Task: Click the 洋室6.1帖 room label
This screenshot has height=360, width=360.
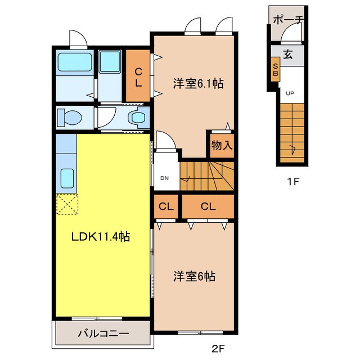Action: click(198, 84)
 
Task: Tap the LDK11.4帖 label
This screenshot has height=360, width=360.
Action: click(101, 237)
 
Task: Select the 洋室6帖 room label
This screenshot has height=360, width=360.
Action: click(194, 276)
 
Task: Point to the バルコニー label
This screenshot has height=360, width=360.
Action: click(103, 333)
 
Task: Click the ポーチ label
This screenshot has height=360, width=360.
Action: click(289, 20)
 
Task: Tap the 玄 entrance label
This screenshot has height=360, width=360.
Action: click(288, 55)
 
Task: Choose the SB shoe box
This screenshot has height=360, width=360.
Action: click(275, 70)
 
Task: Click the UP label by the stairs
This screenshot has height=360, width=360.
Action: click(290, 93)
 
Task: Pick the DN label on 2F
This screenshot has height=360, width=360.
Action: click(164, 178)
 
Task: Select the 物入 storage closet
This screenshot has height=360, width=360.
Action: click(222, 146)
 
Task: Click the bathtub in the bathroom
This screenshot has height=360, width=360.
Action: click(75, 62)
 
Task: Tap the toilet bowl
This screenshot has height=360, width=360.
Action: click(70, 118)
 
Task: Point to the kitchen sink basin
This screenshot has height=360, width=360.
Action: click(67, 178)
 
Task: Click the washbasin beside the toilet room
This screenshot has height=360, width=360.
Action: click(137, 118)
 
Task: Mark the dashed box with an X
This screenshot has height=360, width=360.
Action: click(67, 204)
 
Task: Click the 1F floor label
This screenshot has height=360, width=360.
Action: click(292, 182)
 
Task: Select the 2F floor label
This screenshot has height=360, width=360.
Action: click(218, 349)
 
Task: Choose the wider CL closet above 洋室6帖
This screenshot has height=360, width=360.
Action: click(208, 206)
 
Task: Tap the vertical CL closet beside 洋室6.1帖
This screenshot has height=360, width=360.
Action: click(138, 76)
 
